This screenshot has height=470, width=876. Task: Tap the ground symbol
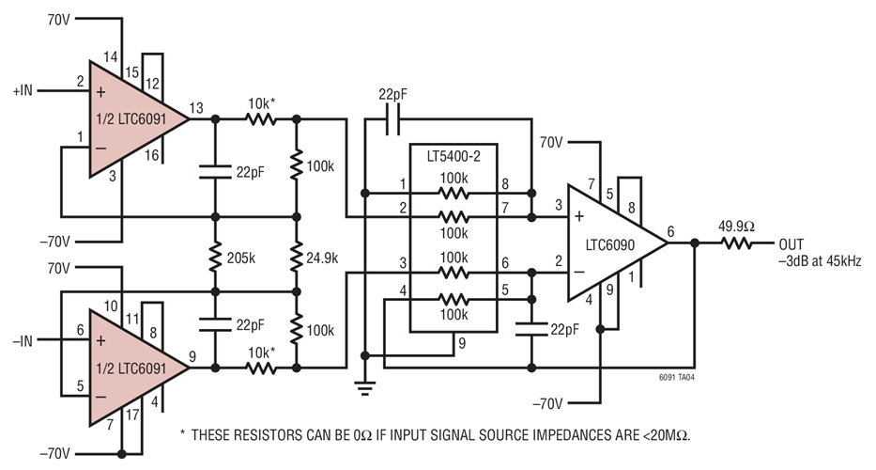[363, 387]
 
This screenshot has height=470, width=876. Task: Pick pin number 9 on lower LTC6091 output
[193, 354]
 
